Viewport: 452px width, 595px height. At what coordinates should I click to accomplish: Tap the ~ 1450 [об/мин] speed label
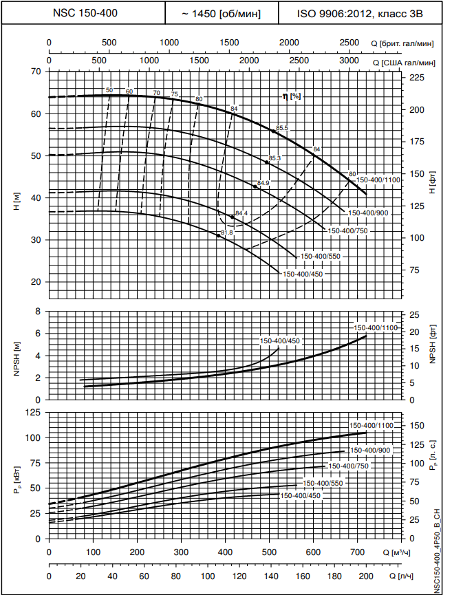221,13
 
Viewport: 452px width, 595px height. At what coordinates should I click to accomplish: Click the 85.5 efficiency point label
282,129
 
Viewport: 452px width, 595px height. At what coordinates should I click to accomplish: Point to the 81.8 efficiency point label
228,233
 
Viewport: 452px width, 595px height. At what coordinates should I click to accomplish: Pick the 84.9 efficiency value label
263,183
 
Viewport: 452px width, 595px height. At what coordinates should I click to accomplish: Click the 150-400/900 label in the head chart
369,213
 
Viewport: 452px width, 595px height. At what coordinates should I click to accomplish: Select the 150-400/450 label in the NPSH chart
279,341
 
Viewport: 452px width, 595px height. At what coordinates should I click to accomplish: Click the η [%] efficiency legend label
292,96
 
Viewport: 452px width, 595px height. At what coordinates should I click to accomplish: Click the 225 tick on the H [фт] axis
418,78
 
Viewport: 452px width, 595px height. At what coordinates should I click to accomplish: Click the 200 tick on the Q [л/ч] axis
365,577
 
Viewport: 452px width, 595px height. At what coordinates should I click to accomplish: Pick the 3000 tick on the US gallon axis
350,61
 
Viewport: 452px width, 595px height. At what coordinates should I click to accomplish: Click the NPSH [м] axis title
17,355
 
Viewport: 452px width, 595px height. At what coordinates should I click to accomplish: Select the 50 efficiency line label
109,91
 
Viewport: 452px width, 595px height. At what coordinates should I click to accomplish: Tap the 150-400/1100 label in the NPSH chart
375,328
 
